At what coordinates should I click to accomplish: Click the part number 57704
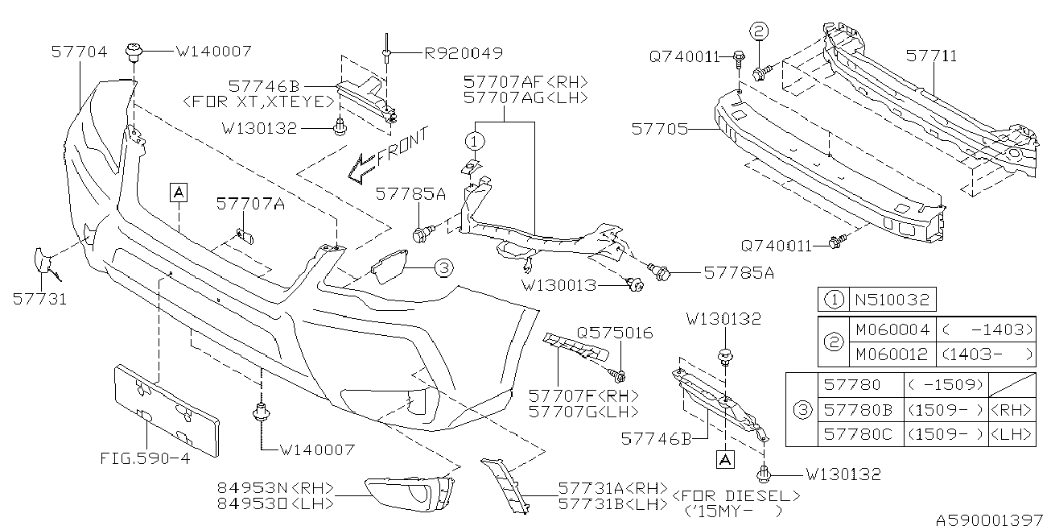[x=79, y=52]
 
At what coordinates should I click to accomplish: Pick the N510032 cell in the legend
[x=891, y=300]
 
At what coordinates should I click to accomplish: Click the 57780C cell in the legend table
[x=859, y=434]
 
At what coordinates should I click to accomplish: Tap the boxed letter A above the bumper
[x=178, y=191]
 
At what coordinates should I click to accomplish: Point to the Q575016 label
[x=615, y=333]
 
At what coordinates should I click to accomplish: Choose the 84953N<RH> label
[x=275, y=487]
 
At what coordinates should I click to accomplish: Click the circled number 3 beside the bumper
[x=443, y=267]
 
